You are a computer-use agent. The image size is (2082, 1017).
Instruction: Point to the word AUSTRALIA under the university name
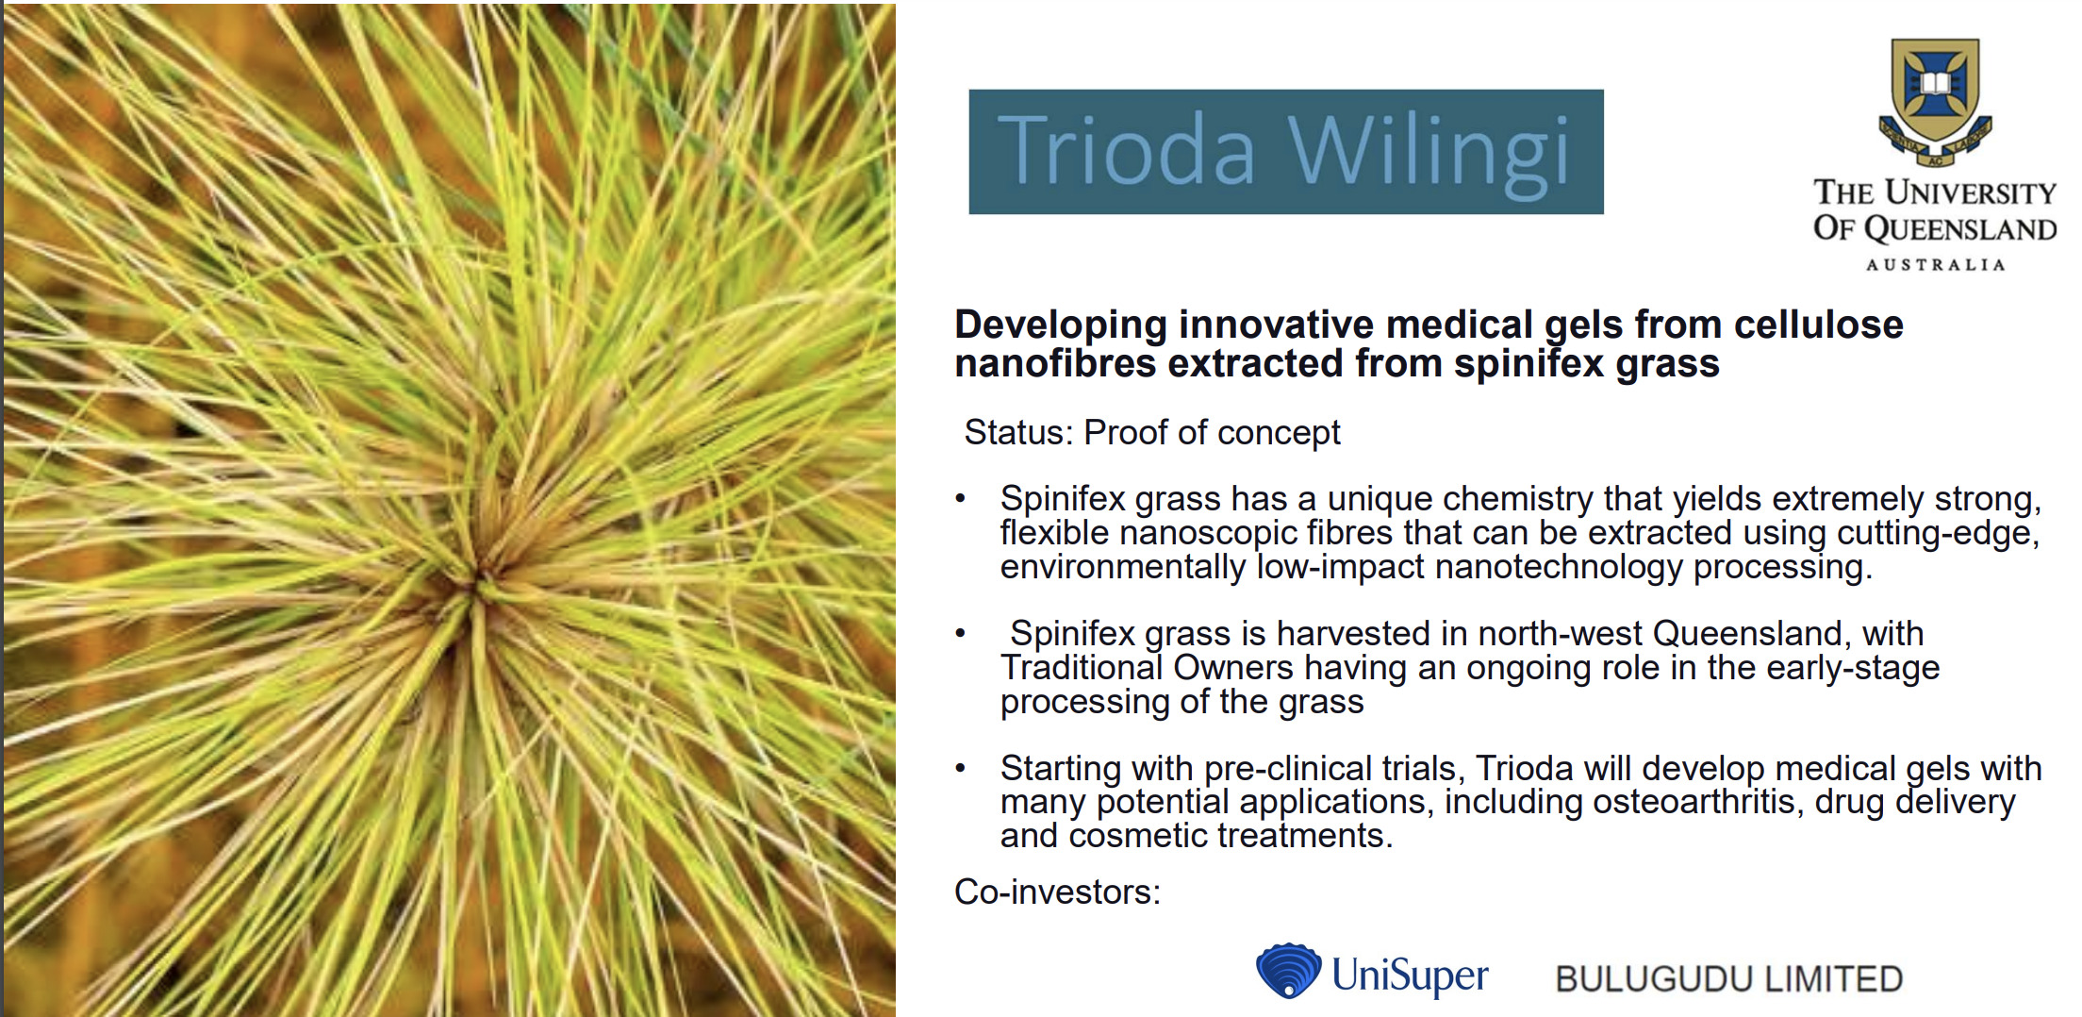point(1935,265)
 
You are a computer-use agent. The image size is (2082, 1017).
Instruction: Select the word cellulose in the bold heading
point(1819,325)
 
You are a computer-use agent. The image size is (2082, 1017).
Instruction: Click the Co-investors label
point(1058,892)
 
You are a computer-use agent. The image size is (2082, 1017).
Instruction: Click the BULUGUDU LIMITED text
point(1729,979)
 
